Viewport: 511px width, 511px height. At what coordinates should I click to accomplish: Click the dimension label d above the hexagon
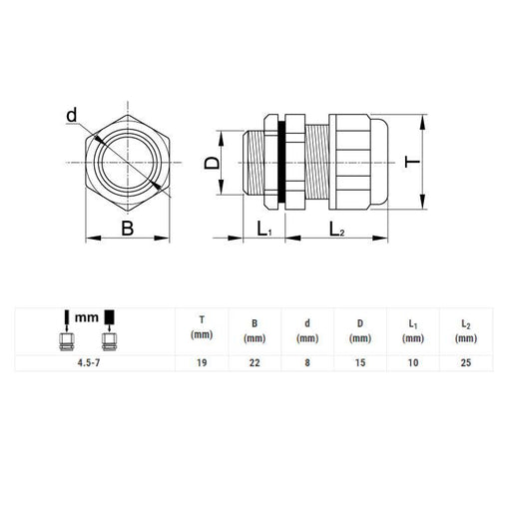pyautogui.click(x=72, y=115)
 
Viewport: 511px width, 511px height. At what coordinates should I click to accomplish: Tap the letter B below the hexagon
pyautogui.click(x=128, y=229)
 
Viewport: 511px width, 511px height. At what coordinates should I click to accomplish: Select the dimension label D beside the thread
pyautogui.click(x=212, y=163)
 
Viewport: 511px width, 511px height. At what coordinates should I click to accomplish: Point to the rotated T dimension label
pyautogui.click(x=412, y=162)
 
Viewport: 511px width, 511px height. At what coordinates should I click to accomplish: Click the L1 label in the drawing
pyautogui.click(x=264, y=229)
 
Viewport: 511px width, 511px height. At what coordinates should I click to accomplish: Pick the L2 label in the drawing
pyautogui.click(x=336, y=229)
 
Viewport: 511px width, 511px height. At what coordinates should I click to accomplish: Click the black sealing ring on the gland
pyautogui.click(x=281, y=162)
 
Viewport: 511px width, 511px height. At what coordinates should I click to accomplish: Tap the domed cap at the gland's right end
pyautogui.click(x=378, y=162)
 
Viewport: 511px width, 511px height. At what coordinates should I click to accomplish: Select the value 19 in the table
pyautogui.click(x=202, y=362)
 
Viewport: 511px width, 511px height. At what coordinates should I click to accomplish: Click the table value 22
pyautogui.click(x=255, y=362)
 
